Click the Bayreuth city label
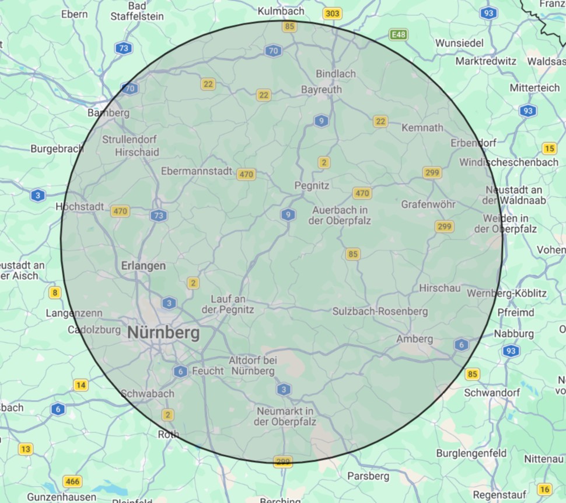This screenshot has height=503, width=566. pyautogui.click(x=322, y=90)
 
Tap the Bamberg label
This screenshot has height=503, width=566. pyautogui.click(x=108, y=112)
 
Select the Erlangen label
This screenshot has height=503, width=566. pyautogui.click(x=144, y=266)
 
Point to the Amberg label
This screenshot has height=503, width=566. pyautogui.click(x=415, y=339)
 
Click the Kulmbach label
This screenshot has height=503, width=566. pyautogui.click(x=281, y=11)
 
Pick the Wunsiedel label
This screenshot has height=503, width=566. pyautogui.click(x=460, y=43)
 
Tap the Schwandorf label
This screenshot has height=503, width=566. pyautogui.click(x=492, y=393)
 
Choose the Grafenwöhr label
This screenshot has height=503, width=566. pyautogui.click(x=428, y=204)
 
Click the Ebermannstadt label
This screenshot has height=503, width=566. pyautogui.click(x=198, y=172)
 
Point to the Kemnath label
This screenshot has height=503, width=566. pyautogui.click(x=423, y=127)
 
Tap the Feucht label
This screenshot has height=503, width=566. pyautogui.click(x=208, y=371)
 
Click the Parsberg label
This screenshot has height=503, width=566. pyautogui.click(x=368, y=476)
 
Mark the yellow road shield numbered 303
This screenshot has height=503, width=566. pyautogui.click(x=333, y=13)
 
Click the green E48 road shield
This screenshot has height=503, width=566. pyautogui.click(x=399, y=35)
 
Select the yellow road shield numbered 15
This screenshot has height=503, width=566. pyautogui.click(x=549, y=148)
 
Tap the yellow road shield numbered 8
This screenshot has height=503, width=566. pyautogui.click(x=55, y=293)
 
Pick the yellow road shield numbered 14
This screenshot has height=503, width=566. pyautogui.click(x=81, y=385)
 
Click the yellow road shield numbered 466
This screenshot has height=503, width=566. pyautogui.click(x=72, y=482)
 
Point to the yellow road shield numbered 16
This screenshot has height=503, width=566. pyautogui.click(x=545, y=490)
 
